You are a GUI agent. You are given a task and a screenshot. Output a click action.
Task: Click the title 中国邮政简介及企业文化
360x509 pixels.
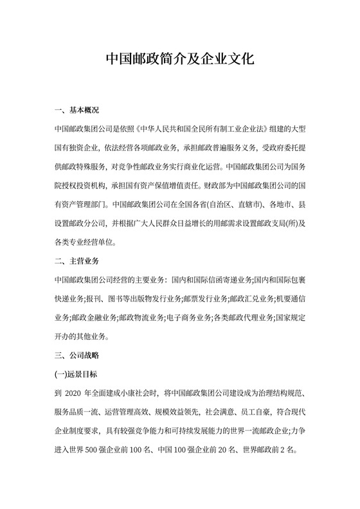pyautogui.click(x=180, y=59)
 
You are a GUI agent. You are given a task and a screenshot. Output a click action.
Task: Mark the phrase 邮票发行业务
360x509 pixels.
pyautogui.click(x=206, y=299)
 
